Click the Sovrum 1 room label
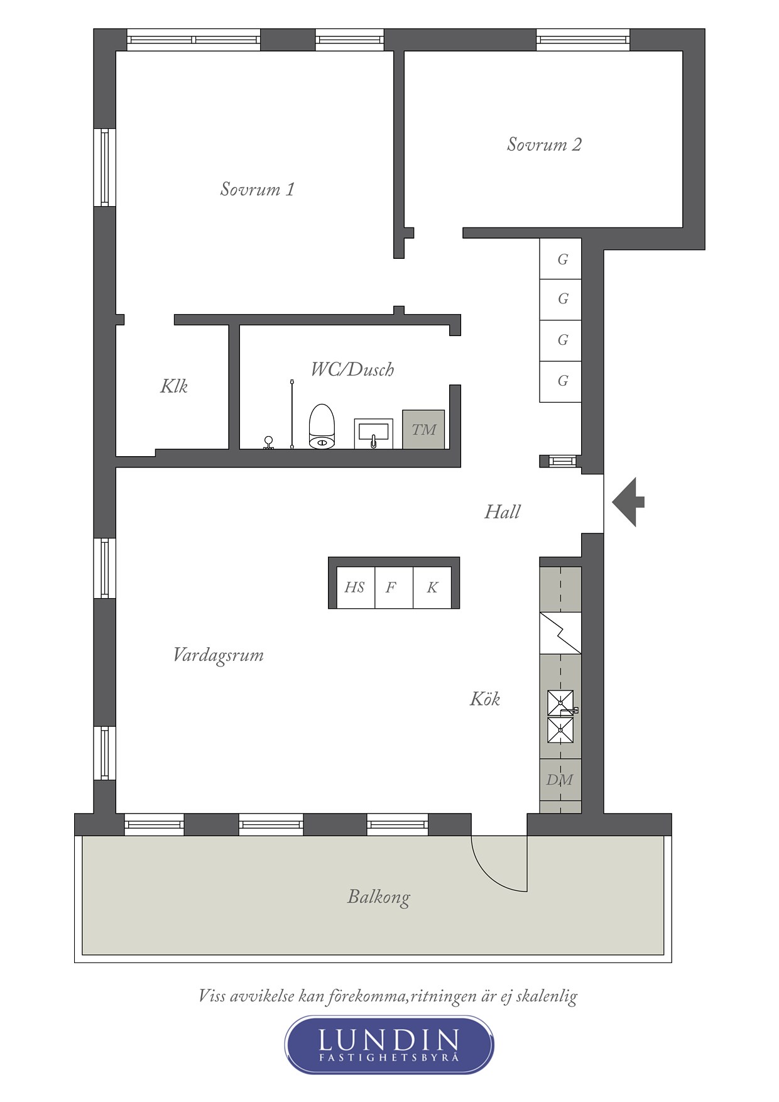[x=258, y=189]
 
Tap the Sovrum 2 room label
[x=544, y=145]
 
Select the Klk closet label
[x=174, y=386]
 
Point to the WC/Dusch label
[x=352, y=369]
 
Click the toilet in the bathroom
[x=322, y=427]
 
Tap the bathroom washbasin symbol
[x=373, y=433]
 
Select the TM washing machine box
[x=423, y=430]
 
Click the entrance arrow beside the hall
[x=628, y=501]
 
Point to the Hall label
[x=502, y=511]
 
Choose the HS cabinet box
[x=355, y=587]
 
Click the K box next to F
[x=432, y=587]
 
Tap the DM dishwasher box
[x=560, y=780]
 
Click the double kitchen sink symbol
[x=560, y=716]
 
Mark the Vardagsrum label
[x=218, y=655]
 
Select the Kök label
[x=485, y=699]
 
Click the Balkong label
[x=379, y=897]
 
